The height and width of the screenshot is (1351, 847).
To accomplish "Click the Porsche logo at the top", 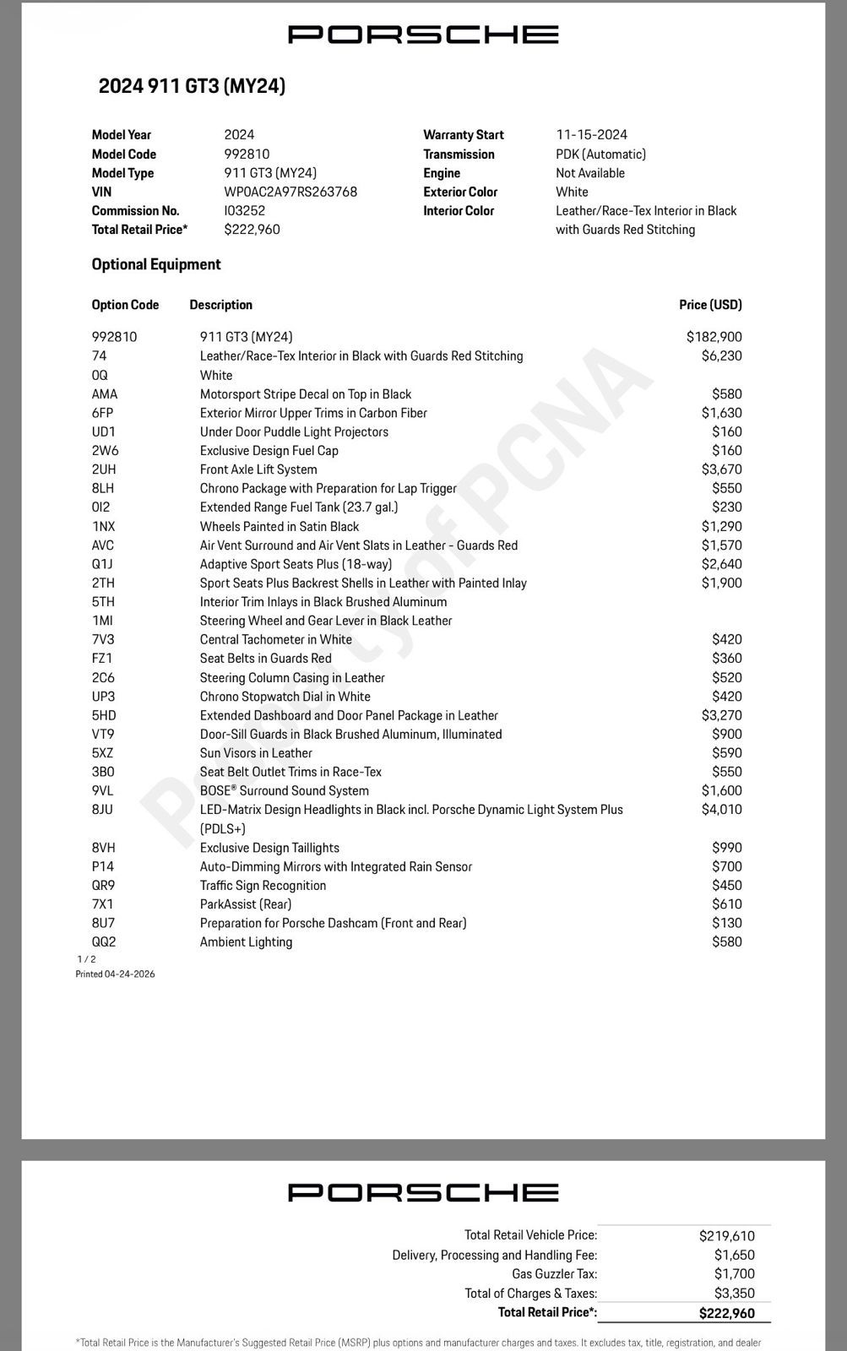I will click(423, 35).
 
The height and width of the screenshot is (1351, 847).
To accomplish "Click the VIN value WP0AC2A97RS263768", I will click(290, 192).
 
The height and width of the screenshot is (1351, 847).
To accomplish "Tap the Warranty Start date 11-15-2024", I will click(591, 134).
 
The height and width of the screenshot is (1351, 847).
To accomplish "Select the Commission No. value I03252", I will click(244, 210).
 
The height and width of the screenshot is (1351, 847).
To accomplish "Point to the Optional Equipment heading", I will click(156, 264).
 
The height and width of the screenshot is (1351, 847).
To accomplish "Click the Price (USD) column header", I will click(710, 305).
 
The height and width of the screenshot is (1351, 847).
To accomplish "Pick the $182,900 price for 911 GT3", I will click(714, 337).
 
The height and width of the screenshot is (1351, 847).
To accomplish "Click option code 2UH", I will click(104, 469).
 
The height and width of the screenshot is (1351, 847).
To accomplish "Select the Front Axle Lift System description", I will click(258, 469).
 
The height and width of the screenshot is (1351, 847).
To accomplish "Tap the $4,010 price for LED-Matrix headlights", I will click(721, 809).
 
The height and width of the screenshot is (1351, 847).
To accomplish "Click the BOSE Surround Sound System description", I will click(284, 790).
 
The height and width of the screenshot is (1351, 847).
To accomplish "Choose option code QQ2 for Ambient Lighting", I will click(104, 941).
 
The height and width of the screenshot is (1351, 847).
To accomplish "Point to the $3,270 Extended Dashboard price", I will click(721, 715).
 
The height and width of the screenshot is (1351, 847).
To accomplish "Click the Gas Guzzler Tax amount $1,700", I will click(734, 1273).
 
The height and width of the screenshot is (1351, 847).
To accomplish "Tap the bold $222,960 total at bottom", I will click(726, 1313).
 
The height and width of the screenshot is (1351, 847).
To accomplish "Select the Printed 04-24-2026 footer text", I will click(115, 974).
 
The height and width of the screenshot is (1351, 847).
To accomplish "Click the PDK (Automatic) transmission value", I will click(600, 154).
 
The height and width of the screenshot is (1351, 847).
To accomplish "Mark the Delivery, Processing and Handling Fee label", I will click(494, 1255).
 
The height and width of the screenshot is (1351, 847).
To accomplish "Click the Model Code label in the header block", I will click(123, 154).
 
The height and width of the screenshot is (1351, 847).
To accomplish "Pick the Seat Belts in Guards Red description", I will click(265, 659).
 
